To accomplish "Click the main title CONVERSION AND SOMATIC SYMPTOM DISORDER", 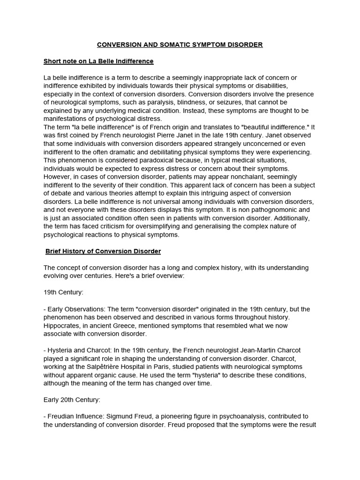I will click(x=180, y=45).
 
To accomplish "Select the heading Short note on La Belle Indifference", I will click(x=98, y=61).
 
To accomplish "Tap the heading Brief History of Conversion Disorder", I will click(x=103, y=251).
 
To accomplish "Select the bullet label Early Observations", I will click(x=76, y=309).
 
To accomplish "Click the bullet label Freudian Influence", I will click(x=75, y=416).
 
